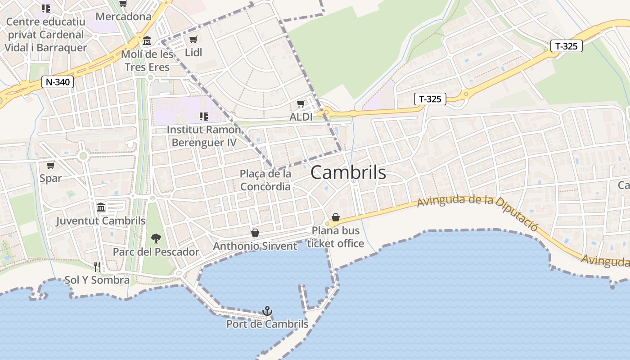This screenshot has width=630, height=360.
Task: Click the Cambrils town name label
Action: pos(348,172)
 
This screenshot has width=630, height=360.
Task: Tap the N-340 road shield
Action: pos(57,82)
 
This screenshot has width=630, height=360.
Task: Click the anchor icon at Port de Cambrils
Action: pos(267,311)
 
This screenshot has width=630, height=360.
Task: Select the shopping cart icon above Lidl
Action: pos(193,40)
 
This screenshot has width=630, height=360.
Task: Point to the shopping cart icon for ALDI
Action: pos(301,104)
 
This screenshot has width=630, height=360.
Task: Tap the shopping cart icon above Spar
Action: pos(50,165)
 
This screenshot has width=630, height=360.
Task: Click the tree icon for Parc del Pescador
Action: pos(156,238)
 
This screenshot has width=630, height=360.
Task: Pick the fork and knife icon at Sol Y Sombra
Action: pos(97,266)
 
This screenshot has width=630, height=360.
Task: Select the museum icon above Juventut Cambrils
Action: pos(101,207)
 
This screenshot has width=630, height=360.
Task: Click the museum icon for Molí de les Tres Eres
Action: pos(147,41)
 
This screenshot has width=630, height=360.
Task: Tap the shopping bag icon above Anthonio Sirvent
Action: pos(255,233)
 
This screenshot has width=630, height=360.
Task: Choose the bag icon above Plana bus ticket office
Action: pos(335,217)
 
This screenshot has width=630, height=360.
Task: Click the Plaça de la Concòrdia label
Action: pos(265,180)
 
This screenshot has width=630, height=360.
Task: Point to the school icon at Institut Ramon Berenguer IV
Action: pos(203,117)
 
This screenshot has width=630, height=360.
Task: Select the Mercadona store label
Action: pos(124,17)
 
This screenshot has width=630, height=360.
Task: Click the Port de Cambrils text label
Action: pos(267,324)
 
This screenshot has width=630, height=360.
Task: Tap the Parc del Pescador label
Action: pos(156,252)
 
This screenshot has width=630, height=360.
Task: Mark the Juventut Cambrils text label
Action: pos(101,221)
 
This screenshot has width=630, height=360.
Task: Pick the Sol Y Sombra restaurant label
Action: pos(97,280)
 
